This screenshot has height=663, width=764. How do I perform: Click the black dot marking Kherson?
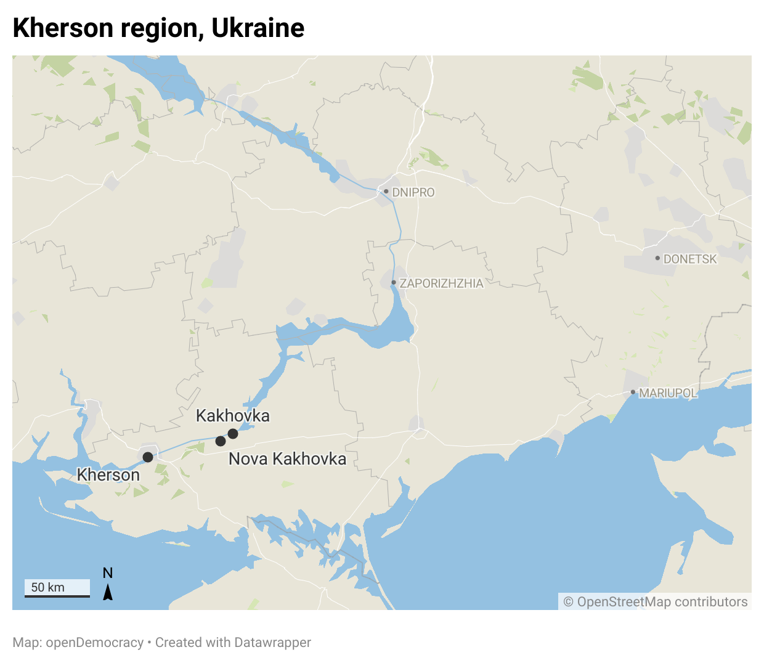[148, 457]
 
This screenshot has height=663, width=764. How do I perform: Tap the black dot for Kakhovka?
[233, 434]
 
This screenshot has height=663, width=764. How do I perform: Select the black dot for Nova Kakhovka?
[221, 441]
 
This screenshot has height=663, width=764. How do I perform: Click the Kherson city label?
[108, 475]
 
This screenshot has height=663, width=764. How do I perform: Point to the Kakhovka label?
[233, 416]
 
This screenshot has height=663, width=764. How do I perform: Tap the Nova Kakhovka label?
[287, 459]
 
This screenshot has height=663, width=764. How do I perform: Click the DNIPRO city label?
[413, 192]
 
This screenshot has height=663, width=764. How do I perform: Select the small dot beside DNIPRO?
[386, 192]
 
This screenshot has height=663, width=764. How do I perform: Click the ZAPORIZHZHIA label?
[441, 283]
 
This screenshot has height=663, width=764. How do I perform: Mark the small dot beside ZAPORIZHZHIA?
[394, 283]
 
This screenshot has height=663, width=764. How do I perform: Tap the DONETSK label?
[690, 259]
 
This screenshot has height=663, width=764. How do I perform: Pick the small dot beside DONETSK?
[657, 258]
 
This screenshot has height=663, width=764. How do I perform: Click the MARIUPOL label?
[668, 393]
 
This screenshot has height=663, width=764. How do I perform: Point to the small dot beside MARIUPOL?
[633, 392]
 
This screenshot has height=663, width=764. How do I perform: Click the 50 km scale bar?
[57, 588]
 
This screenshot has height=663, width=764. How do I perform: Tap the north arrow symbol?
[108, 592]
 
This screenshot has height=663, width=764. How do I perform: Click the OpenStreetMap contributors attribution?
[656, 602]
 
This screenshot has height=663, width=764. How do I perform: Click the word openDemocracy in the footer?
[95, 643]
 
